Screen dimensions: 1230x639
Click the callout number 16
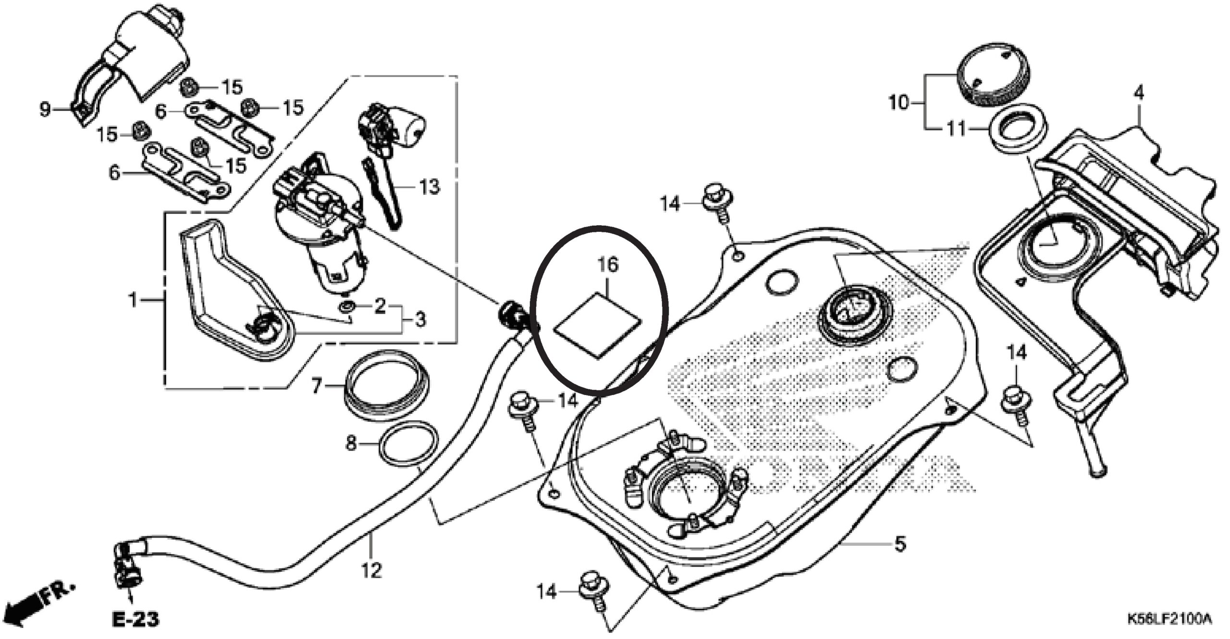coord(608,265)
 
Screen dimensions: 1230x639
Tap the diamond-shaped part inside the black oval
coord(597,326)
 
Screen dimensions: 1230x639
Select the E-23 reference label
coord(135,619)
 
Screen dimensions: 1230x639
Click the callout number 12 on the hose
coord(372,570)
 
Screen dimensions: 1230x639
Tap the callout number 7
coord(316,386)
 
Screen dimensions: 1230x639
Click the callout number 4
coord(1139,93)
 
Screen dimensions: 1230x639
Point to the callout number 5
coord(899,544)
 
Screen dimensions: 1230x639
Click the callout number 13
coord(429,186)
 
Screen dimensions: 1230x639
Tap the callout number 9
coord(45,109)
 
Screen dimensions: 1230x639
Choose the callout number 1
coord(133,301)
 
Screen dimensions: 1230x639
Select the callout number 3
coord(420,319)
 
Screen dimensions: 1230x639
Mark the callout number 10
coord(899,102)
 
